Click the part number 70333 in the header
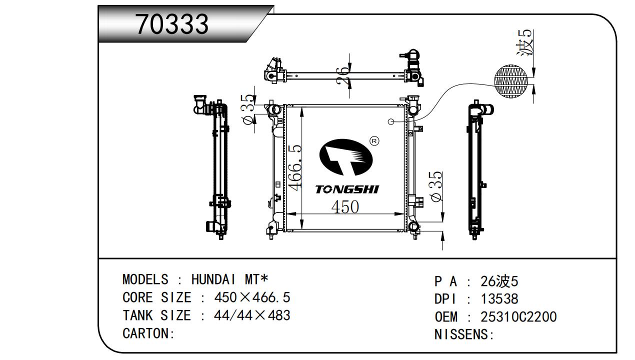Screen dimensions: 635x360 pos(172,24)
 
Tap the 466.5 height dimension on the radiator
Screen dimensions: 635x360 pos(295,167)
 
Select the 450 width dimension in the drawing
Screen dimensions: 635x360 pos(345,206)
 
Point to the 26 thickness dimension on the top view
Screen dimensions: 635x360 pos(342,75)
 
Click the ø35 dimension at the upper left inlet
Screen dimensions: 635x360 pos(248,109)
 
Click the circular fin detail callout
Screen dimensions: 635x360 pos(511,81)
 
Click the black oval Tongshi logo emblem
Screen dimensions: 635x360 pos(346,157)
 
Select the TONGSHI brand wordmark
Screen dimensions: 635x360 pos(347,189)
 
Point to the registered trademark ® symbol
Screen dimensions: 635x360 pos(374,141)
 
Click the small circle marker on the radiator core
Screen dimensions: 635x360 pos(391,121)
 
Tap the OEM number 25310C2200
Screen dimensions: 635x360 pos(518,316)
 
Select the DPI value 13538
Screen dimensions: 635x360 pos(499,299)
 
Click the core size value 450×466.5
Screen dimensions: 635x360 pos(252,297)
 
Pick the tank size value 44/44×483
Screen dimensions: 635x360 pos(252,315)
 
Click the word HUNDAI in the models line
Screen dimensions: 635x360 pos(213,279)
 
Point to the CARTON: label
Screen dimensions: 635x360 pos(148,333)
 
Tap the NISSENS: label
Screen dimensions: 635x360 pos(464,334)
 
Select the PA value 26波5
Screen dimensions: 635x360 pos(499,281)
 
